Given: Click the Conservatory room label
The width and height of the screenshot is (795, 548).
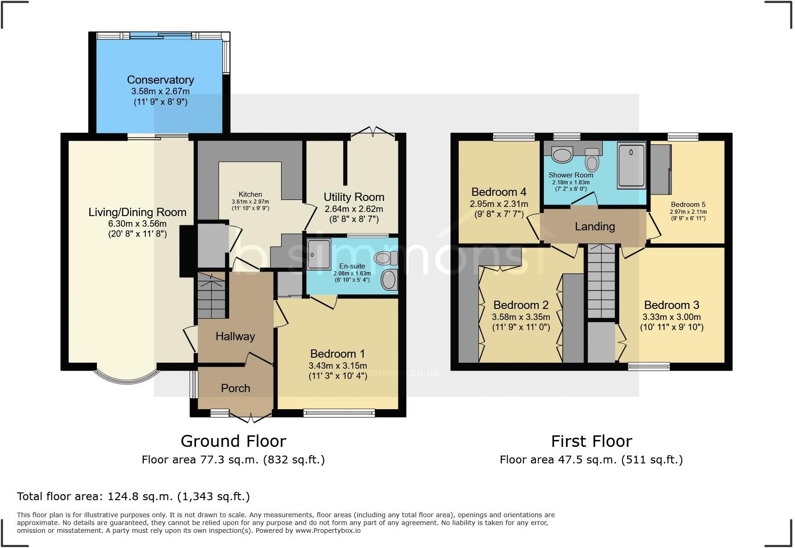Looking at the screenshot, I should [x=160, y=80].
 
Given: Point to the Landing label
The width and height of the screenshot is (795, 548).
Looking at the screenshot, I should [x=594, y=227].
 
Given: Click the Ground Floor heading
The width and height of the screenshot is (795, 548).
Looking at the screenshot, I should [x=233, y=441].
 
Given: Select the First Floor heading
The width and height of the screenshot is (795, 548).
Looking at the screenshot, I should [x=591, y=441].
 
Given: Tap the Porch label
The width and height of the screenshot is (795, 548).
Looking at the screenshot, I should [x=235, y=388].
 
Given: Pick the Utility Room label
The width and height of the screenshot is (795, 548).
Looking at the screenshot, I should [x=353, y=197].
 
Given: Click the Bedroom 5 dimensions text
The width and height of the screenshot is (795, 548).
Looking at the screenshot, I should [x=688, y=215].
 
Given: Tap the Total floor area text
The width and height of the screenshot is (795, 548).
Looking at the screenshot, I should [x=133, y=497].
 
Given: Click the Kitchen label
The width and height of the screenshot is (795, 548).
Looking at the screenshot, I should [x=250, y=194].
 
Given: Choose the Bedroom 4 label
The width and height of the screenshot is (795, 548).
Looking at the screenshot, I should [x=499, y=192].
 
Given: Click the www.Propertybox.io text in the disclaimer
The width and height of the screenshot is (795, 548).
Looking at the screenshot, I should [x=328, y=531].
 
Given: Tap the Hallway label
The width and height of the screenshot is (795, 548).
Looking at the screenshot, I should [x=235, y=337].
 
